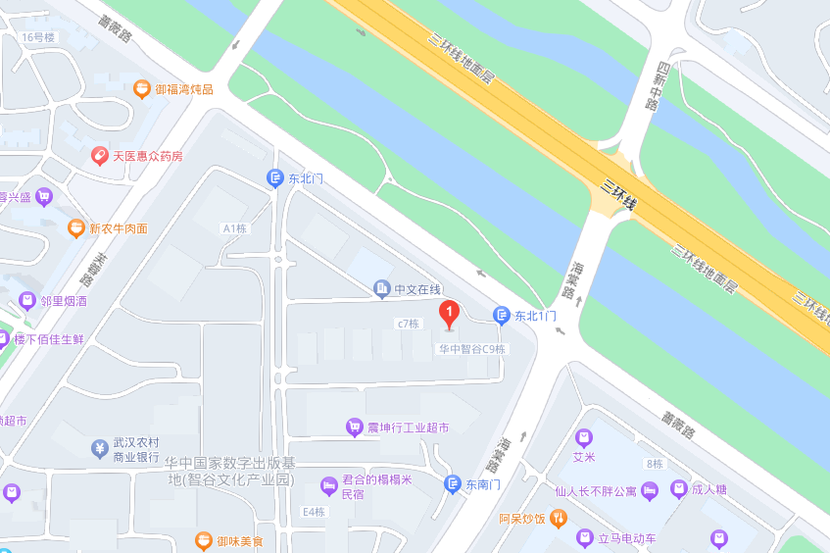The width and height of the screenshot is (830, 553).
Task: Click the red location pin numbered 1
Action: click(449, 315)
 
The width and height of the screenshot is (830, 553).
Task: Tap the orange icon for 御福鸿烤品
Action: click(142, 89)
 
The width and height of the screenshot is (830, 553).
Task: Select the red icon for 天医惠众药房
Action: click(99, 156)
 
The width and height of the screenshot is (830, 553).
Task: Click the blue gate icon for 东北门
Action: click(275, 178)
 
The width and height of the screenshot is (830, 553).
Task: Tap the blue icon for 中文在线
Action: click(381, 289)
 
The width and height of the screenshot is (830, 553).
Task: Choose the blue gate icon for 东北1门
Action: click(501, 316)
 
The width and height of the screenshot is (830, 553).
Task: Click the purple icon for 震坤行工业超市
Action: click(354, 427)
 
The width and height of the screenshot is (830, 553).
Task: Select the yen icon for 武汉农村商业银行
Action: click(99, 449)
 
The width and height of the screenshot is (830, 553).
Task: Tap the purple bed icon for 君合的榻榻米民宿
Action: click(328, 486)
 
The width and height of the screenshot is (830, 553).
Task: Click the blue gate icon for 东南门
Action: click(452, 483)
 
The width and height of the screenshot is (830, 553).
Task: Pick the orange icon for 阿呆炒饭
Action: click(558, 518)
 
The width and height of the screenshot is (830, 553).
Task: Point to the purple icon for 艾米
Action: click(584, 437)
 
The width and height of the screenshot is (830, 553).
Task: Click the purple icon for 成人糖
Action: click(678, 488)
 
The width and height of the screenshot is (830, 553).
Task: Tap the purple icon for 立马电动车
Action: click(585, 538)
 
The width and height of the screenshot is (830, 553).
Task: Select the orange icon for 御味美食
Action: click(204, 540)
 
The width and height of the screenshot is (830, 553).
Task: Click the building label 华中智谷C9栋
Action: click(471, 349)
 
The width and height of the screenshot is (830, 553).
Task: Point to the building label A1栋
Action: click(234, 228)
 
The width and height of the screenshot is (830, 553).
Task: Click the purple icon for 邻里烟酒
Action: click(28, 301)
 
